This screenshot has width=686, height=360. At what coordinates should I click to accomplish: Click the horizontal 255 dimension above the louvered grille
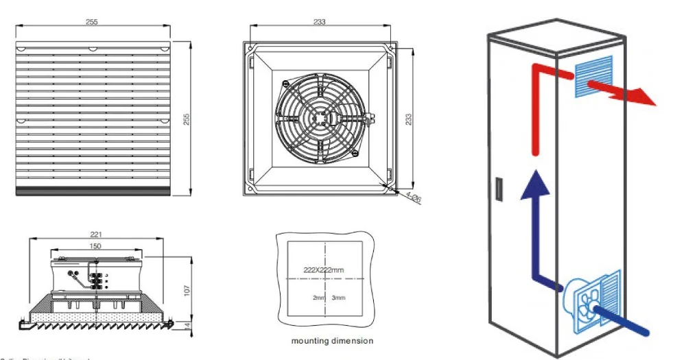point(92,22)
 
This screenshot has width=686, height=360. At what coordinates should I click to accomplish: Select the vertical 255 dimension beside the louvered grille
point(186,119)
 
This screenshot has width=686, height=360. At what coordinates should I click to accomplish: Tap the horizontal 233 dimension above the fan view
point(319,22)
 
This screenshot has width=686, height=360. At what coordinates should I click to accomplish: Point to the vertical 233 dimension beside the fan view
point(409,119)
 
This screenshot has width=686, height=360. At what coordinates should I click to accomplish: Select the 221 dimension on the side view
point(96,235)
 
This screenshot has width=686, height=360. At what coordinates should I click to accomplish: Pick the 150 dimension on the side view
point(96,245)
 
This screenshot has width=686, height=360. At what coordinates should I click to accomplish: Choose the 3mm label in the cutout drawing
point(338,298)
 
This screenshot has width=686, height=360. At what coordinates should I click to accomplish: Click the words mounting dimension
point(332,341)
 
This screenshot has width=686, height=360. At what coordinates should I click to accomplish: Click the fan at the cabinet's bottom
point(584,306)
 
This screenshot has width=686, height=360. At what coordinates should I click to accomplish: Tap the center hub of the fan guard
point(320,118)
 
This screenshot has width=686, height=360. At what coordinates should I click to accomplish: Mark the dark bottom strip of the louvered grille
point(92,193)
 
